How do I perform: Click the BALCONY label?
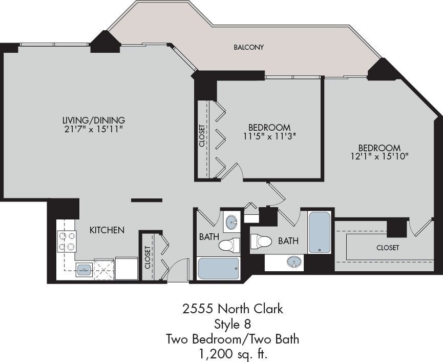click(248, 47)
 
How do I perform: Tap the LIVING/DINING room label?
click(94, 120)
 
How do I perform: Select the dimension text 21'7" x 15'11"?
click(94, 130)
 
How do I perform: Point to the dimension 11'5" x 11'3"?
click(269, 136)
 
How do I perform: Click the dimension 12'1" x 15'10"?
click(379, 156)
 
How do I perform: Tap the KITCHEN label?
click(107, 230)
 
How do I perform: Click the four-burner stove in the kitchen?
click(67, 241)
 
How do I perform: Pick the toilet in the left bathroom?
click(229, 245)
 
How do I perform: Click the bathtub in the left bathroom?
click(218, 268)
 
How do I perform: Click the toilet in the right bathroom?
click(261, 241)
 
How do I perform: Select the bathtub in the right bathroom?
click(320, 232)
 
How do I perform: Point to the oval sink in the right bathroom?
click(294, 262)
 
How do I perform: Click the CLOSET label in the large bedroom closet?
click(388, 248)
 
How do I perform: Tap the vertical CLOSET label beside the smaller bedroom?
click(202, 136)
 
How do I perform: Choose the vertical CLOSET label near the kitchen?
click(147, 257)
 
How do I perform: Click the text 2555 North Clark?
click(233, 309)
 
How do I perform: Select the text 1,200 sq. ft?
click(233, 353)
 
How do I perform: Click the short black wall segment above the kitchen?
click(146, 200)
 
